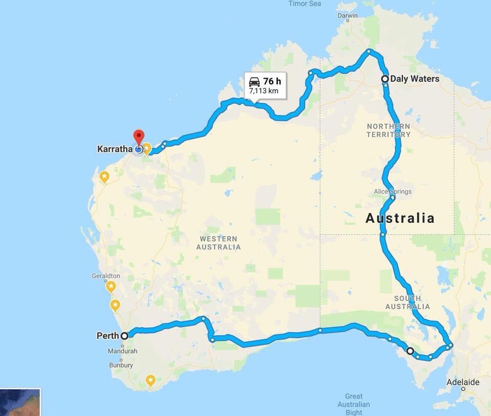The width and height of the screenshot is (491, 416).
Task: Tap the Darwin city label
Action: pos(348,16)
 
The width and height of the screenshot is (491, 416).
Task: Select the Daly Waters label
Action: pos(414,79)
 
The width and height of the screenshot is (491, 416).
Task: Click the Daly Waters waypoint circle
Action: pos(385,79)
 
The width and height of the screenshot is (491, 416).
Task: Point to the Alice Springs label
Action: pos(392,192)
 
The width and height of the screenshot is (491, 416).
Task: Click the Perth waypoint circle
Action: pos(124,336)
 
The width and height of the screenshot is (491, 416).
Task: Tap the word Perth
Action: pos(107,336)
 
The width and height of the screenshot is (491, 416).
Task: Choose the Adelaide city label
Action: pos(463,382)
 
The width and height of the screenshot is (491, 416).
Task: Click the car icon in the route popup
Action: pos(254,81)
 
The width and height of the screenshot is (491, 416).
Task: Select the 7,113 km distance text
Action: pos(264,91)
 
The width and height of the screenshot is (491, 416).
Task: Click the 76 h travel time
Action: pos(272,81)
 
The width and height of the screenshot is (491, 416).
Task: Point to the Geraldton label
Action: pos(106,275)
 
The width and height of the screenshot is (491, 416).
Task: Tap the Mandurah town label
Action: pos(122,351)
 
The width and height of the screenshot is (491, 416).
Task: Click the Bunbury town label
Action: pos(121,365)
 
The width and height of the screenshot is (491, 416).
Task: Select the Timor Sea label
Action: pos(305,4)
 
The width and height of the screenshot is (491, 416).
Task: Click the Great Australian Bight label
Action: pos(353,404)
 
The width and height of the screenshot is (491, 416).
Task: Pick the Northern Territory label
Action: pos(388,130)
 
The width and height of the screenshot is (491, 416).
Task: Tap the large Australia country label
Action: pos(400,218)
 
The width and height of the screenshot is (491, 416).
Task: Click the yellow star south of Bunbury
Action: pos(150,380)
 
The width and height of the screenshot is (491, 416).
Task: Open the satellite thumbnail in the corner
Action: pos(19,403)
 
